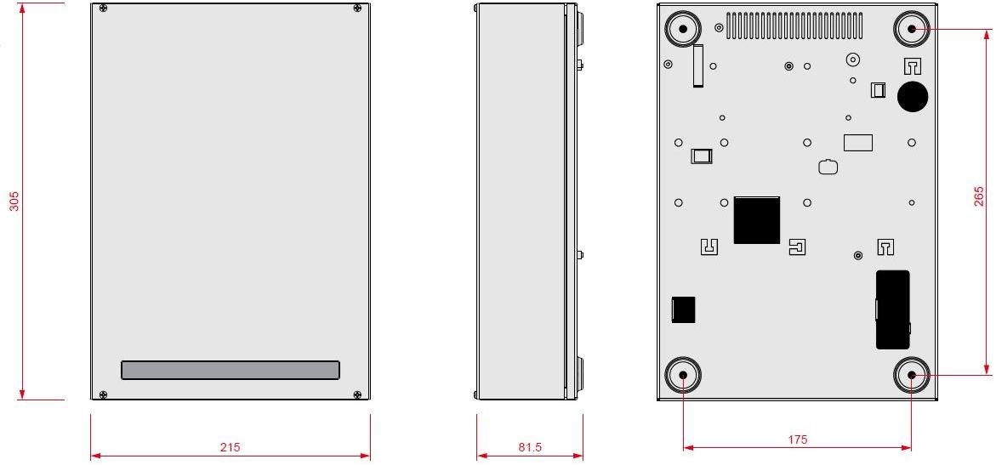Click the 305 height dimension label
(x=14, y=201)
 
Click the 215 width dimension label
(x=230, y=447)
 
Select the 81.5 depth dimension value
(x=529, y=447)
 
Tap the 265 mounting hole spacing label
(x=979, y=196)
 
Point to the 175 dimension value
(x=798, y=439)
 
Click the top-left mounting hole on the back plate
(x=683, y=30)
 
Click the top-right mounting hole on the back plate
(x=912, y=29)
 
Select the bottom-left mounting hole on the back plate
(x=683, y=375)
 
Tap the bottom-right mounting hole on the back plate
(x=911, y=375)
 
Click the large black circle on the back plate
(x=913, y=96)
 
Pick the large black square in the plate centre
(x=756, y=220)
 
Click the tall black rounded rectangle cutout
(x=892, y=309)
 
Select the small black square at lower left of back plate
(x=683, y=309)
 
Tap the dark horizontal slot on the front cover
(x=231, y=370)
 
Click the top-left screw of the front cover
(x=104, y=9)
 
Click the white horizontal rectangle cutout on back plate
(x=858, y=142)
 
